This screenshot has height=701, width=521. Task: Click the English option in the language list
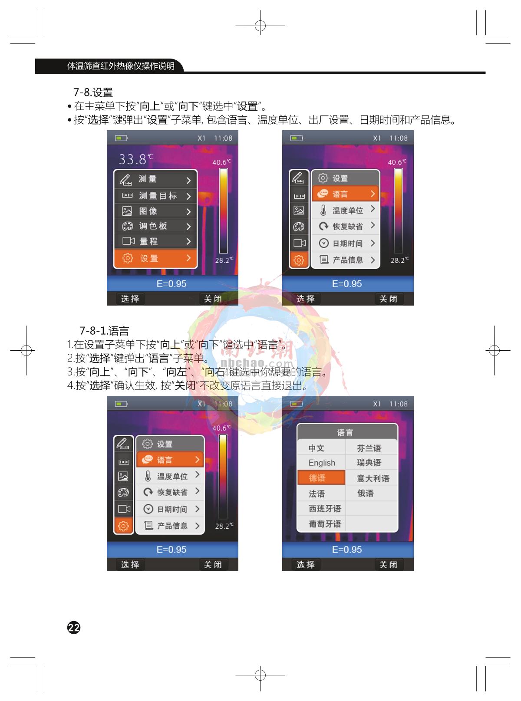click(x=322, y=463)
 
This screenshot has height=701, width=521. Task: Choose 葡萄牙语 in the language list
click(x=324, y=524)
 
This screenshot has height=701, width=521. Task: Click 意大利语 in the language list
click(x=373, y=478)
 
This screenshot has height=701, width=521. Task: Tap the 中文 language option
click(x=317, y=448)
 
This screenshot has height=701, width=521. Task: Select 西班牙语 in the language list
click(x=324, y=509)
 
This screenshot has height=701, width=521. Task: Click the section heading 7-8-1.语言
click(x=104, y=331)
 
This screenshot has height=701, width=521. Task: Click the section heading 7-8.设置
click(x=93, y=92)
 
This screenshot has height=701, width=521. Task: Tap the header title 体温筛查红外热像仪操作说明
click(x=121, y=66)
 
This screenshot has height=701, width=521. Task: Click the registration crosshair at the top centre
click(x=260, y=26)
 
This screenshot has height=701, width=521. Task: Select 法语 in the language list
click(x=317, y=494)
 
